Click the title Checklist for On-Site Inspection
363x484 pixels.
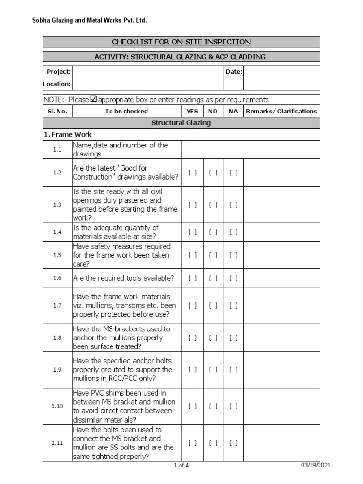coord(181,42)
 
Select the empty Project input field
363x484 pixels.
coord(147,72)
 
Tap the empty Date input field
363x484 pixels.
coord(282,72)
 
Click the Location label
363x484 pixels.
coord(58,84)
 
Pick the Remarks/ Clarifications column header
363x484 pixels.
coord(282,112)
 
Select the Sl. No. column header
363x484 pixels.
coord(58,112)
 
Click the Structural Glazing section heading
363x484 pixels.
coord(181,123)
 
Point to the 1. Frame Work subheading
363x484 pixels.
coord(68,135)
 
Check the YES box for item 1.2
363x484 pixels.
coord(192,173)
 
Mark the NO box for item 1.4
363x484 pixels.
coord(213,232)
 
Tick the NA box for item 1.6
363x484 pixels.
coord(233,278)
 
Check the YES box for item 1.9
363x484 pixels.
coord(192,370)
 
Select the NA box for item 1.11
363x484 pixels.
coord(233,443)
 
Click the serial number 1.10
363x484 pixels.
coord(58,406)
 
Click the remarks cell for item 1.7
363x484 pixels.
coord(282,306)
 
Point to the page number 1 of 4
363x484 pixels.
coord(181,466)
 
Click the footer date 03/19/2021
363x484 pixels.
coord(316,466)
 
